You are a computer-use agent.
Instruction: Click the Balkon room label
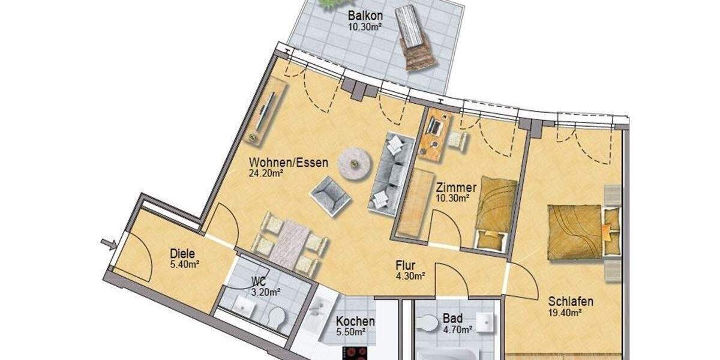click(365, 15)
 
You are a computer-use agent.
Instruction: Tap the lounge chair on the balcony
click(416, 37)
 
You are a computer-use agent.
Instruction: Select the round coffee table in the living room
click(353, 163)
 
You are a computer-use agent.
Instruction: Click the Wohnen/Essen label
click(289, 162)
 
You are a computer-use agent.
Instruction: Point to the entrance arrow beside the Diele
click(108, 243)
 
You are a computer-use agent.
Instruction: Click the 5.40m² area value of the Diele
click(184, 263)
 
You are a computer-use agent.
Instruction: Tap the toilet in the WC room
click(275, 318)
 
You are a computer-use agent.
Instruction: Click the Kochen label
click(355, 321)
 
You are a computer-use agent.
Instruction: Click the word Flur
click(406, 265)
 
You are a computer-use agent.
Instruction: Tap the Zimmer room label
click(456, 187)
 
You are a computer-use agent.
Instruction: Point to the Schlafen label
click(570, 301)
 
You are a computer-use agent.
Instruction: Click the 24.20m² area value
click(266, 173)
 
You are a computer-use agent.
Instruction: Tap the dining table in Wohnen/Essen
click(289, 244)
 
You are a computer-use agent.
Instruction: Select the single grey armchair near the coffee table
click(329, 194)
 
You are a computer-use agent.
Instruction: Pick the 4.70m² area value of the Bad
click(457, 329)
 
